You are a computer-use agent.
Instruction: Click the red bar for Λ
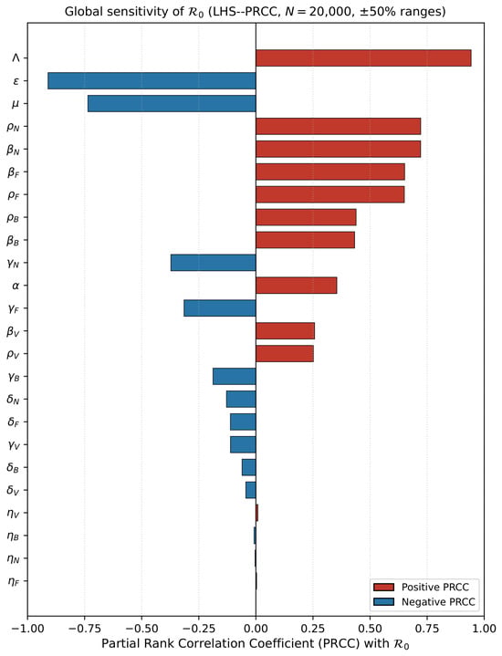[x=363, y=58]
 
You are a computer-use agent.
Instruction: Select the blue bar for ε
[x=152, y=80]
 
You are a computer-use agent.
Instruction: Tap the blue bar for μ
[x=172, y=103]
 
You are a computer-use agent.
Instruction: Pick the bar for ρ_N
[x=339, y=126]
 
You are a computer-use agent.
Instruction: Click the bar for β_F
[x=330, y=172]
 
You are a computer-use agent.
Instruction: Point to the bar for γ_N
[x=213, y=263]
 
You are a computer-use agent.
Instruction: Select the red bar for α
[x=297, y=286]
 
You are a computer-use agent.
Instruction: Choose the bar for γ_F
[x=220, y=307]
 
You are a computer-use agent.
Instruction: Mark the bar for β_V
[x=285, y=331]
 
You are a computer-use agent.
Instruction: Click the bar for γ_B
[x=235, y=377]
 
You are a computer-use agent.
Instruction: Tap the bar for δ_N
[x=241, y=399]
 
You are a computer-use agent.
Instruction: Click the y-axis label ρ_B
[x=13, y=218]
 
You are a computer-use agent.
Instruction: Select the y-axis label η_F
[x=14, y=581]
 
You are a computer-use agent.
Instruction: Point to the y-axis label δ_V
[x=13, y=490]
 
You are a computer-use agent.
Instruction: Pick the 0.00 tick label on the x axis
[x=256, y=629]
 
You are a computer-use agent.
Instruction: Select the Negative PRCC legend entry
[x=424, y=602]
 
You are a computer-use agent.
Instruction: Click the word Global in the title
[x=83, y=11]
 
